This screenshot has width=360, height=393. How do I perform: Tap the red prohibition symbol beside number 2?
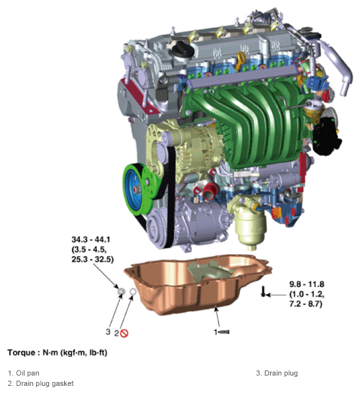[x=125, y=333]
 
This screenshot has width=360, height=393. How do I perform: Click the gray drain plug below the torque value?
[x=120, y=292]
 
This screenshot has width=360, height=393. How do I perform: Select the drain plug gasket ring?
[x=133, y=292]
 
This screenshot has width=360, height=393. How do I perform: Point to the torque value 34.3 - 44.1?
[x=90, y=240]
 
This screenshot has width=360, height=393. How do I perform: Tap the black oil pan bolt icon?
[x=263, y=294]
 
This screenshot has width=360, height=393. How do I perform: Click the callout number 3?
[x=108, y=332]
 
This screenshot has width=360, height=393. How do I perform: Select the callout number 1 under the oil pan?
[x=216, y=332]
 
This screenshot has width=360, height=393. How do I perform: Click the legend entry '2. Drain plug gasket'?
[x=41, y=383]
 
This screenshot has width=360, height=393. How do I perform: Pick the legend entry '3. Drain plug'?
[x=277, y=373]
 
